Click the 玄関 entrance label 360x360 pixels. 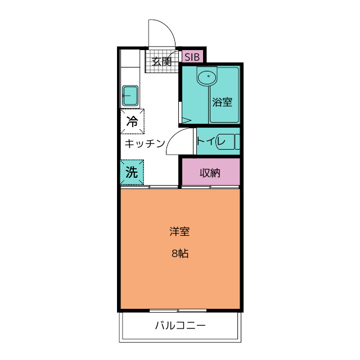(161, 61)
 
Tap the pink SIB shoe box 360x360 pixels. (192, 56)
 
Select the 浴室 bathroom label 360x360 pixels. (222, 102)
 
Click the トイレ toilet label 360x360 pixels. (211, 141)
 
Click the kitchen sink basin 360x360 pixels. (130, 96)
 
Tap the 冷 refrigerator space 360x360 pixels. (133, 121)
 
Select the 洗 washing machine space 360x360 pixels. (132, 172)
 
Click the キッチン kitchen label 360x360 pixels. (145, 143)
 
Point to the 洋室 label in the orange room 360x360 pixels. (179, 231)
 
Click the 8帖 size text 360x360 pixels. (180, 254)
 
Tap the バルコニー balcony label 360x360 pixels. (180, 325)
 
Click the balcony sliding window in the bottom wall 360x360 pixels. (178, 311)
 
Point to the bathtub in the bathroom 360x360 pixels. (224, 95)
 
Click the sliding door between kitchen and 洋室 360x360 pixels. (149, 187)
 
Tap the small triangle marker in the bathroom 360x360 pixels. (186, 120)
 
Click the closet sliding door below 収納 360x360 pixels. (211, 187)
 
